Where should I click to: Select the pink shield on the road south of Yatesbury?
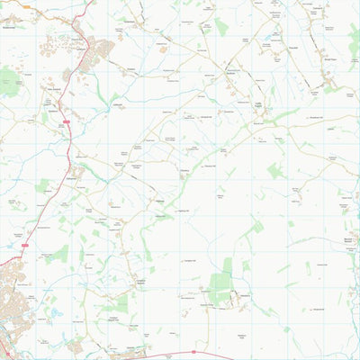[x=194, y=352]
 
